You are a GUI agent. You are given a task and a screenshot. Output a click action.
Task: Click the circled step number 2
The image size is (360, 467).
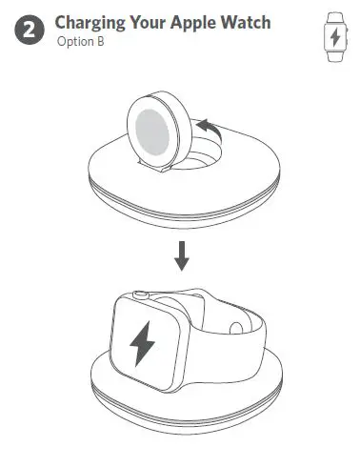coord(30,30)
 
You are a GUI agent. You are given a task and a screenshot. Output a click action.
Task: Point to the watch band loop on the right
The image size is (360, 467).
coord(243,324)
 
